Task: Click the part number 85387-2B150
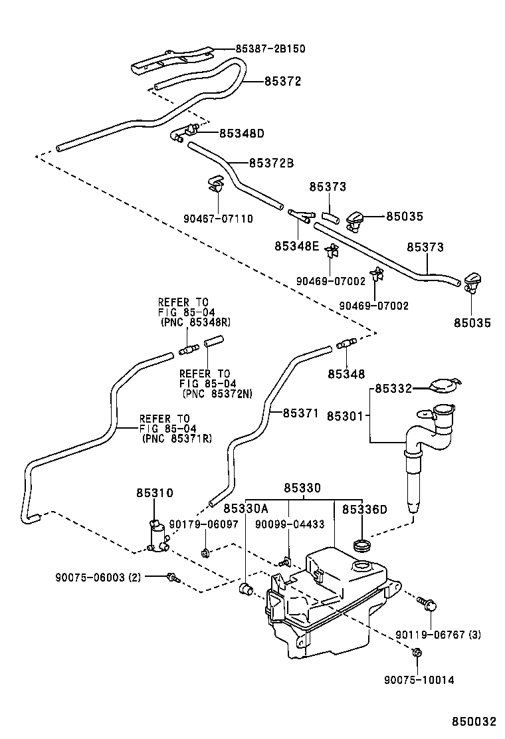[x=270, y=49]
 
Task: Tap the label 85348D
[x=242, y=134]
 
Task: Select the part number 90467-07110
[x=219, y=219]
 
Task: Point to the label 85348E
[x=297, y=247]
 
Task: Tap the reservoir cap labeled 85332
[x=443, y=385]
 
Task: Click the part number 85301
[x=344, y=416]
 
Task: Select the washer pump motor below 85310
[x=157, y=536]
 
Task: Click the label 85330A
[x=245, y=509]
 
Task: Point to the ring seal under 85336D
[x=362, y=546]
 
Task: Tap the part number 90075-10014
[x=419, y=680]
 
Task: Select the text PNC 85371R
[x=176, y=439]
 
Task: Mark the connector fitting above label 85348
[x=346, y=344]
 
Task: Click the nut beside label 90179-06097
[x=205, y=551]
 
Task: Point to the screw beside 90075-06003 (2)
[x=173, y=578]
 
